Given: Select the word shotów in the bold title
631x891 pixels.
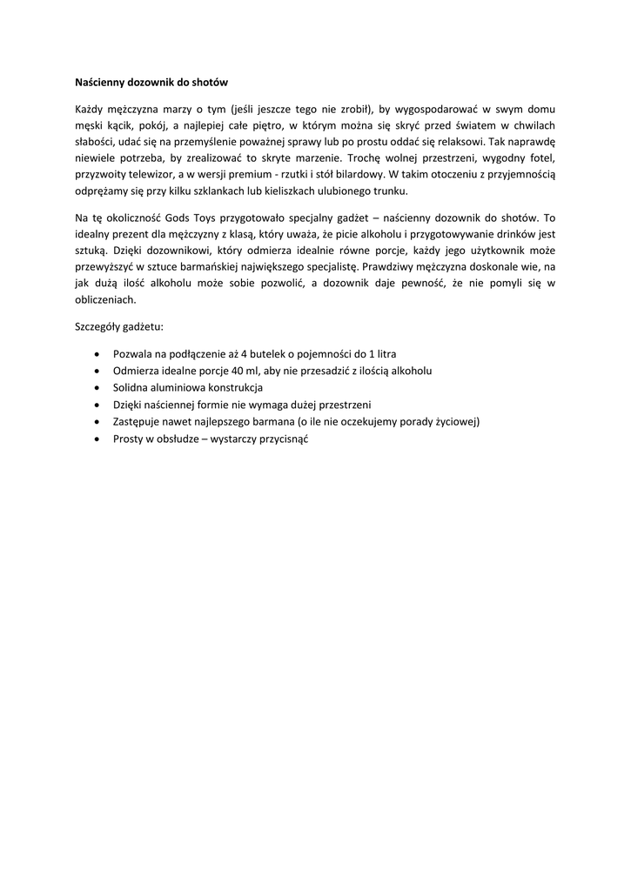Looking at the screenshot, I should [208, 83].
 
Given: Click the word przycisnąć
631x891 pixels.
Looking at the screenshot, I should [280, 439].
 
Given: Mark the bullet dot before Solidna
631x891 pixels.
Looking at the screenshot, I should [95, 388].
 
